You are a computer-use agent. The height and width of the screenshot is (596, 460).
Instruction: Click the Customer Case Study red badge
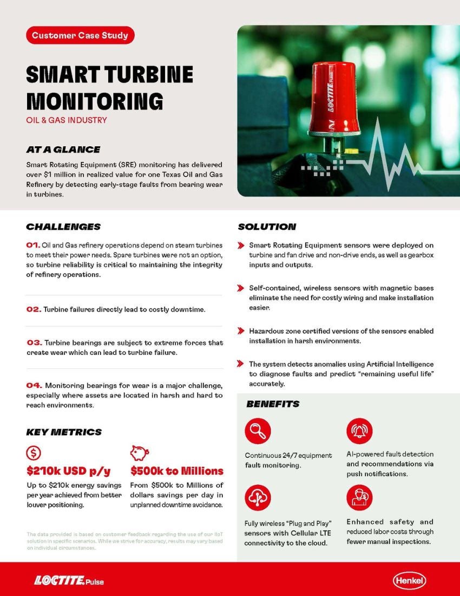[x=80, y=36]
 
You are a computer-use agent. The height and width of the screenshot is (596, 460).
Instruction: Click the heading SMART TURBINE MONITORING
[x=109, y=87]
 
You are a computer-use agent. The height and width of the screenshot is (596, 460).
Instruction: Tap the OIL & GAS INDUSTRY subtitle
[x=67, y=120]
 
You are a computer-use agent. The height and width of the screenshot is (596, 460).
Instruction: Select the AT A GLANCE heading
[x=63, y=150]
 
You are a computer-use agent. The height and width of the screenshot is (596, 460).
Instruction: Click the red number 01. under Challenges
[x=33, y=245]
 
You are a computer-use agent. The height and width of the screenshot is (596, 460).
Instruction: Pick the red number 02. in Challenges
[x=34, y=309]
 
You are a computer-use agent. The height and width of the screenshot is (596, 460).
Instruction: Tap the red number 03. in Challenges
[x=34, y=342]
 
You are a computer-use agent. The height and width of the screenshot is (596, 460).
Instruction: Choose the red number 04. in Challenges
[x=34, y=385]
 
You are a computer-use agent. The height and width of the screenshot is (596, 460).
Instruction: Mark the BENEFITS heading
[x=273, y=404]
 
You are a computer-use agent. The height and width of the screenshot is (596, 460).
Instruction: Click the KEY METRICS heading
[x=64, y=432]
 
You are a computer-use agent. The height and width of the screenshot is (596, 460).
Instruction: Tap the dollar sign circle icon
[x=34, y=453]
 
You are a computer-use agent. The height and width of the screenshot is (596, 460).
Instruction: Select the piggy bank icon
[x=140, y=453]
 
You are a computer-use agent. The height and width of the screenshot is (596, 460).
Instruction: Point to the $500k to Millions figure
[x=177, y=471]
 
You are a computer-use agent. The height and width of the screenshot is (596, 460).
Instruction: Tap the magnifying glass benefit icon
[x=258, y=431]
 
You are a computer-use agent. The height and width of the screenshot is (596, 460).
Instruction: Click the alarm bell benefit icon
[x=359, y=431]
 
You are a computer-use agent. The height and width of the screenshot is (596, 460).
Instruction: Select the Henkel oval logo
[x=409, y=581]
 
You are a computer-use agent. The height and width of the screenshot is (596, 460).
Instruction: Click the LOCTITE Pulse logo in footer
[x=69, y=581]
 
